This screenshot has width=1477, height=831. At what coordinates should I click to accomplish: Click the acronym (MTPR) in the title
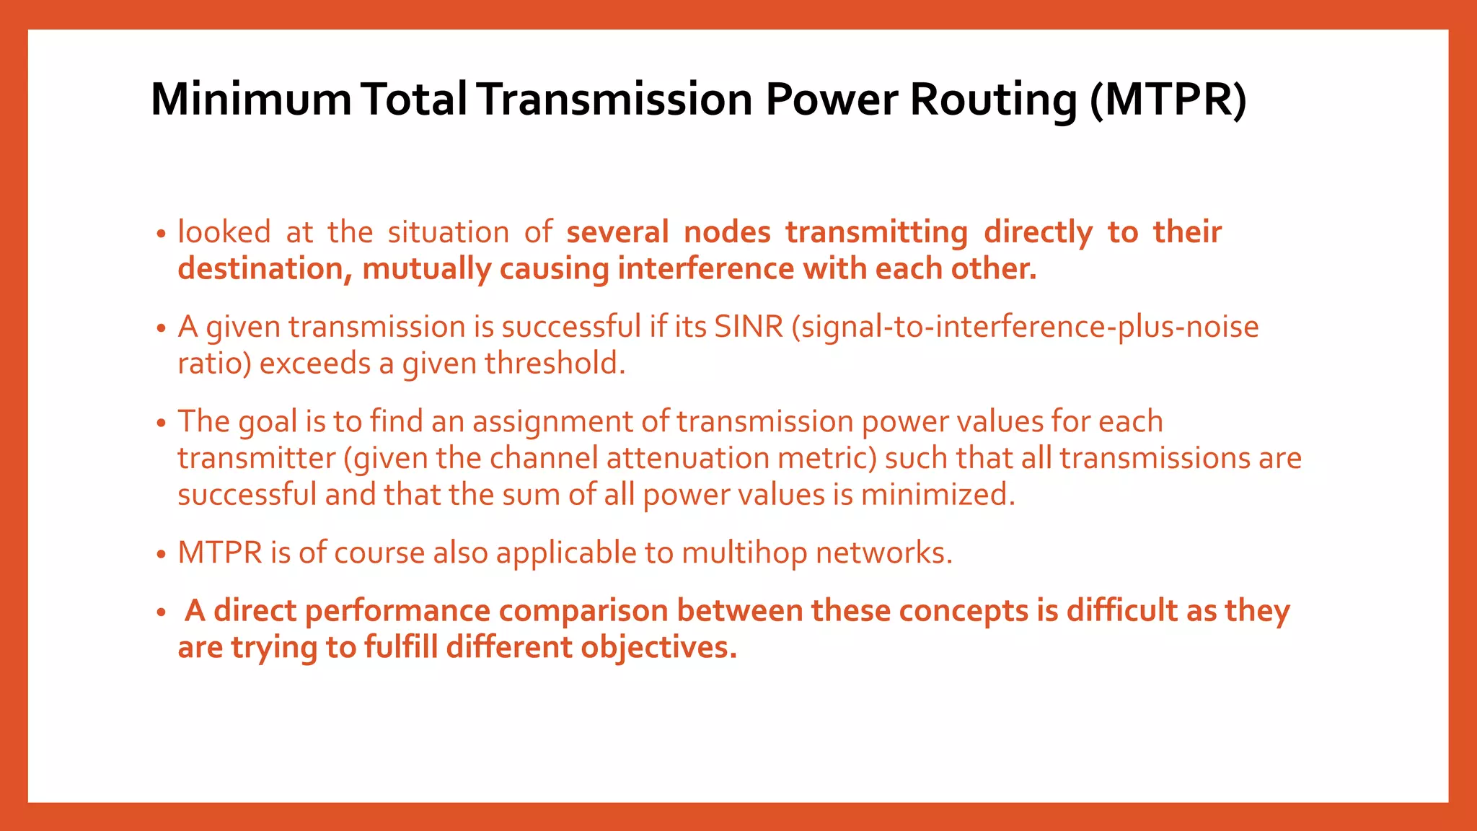coord(1168,100)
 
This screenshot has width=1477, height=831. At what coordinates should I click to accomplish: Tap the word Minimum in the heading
coord(250,100)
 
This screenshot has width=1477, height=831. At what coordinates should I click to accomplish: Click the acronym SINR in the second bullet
coord(749,327)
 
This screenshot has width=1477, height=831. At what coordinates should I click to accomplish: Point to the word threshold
coord(554,363)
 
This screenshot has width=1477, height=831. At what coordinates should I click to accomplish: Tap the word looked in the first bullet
coord(224,232)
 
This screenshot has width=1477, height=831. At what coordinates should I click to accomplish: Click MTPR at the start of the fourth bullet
coord(220,553)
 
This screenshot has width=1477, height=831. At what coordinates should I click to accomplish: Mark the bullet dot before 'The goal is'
coord(161,423)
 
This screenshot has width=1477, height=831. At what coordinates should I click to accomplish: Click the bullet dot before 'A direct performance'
coord(161,613)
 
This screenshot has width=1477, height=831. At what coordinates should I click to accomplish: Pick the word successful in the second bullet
coord(570,327)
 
